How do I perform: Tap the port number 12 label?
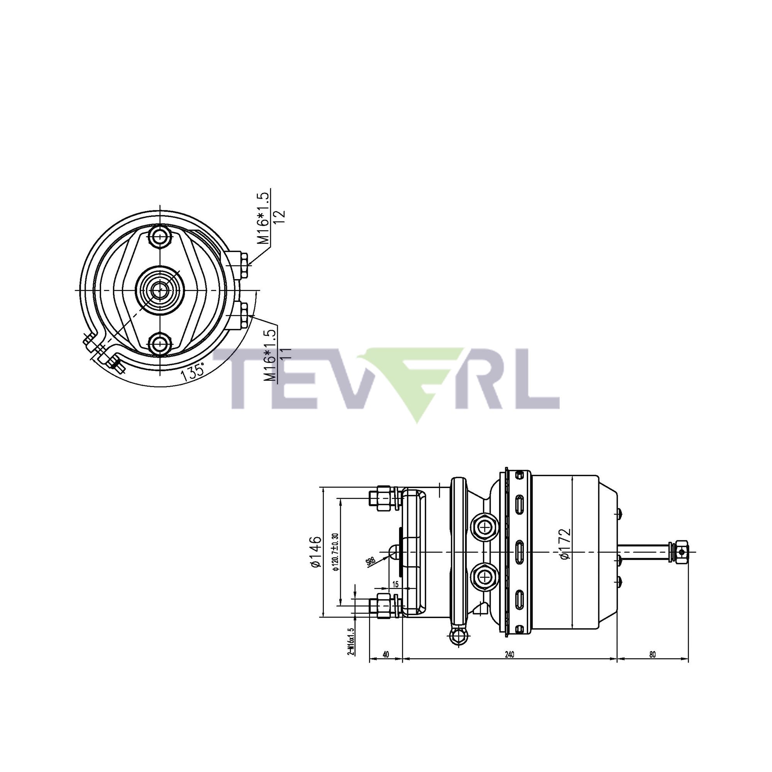tap(281, 216)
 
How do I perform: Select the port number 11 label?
tap(286, 354)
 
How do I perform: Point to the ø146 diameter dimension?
tap(316, 552)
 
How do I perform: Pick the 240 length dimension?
tap(510, 655)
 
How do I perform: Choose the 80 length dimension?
tap(652, 655)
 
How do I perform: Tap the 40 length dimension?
tap(386, 655)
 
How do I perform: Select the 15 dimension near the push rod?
tap(395, 584)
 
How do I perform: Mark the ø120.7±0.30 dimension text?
tap(336, 552)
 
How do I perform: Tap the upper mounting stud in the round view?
tap(160, 237)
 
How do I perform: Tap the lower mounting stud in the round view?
tap(160, 343)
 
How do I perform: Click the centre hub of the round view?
tap(160, 290)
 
